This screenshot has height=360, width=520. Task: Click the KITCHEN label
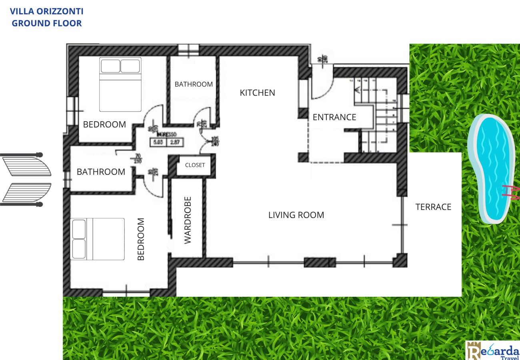tap(257, 93)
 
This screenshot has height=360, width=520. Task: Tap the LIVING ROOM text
tap(296, 215)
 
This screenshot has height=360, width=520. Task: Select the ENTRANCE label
tap(334, 117)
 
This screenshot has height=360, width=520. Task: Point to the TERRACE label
tap(433, 207)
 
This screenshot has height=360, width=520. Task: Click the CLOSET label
tap(195, 165)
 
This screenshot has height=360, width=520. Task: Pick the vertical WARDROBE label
tap(188, 220)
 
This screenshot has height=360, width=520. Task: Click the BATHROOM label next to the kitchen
tap(194, 84)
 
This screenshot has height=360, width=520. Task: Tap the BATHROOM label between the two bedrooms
tap(101, 172)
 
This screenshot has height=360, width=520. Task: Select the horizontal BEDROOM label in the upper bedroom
tap(104, 124)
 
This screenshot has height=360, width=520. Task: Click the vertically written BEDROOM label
tap(141, 239)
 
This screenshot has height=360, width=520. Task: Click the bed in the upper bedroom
tap(120, 84)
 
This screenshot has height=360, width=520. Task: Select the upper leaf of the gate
tap(26, 166)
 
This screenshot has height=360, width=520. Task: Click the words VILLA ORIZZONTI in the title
tap(47, 11)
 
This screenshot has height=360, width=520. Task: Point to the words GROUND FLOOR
tap(47, 23)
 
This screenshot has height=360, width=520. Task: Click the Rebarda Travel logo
tap(493, 350)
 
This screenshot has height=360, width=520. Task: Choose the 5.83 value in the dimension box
tap(158, 141)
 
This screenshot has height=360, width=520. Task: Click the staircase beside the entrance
tap(378, 116)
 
